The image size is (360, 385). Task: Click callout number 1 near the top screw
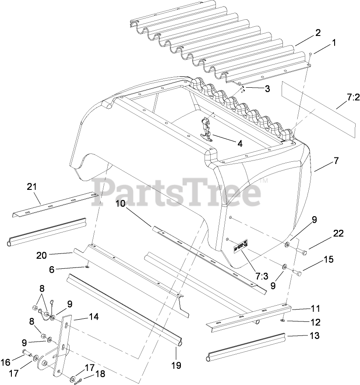pyautogui.click(x=334, y=43)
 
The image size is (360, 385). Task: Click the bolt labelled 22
pyautogui.click(x=302, y=252)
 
